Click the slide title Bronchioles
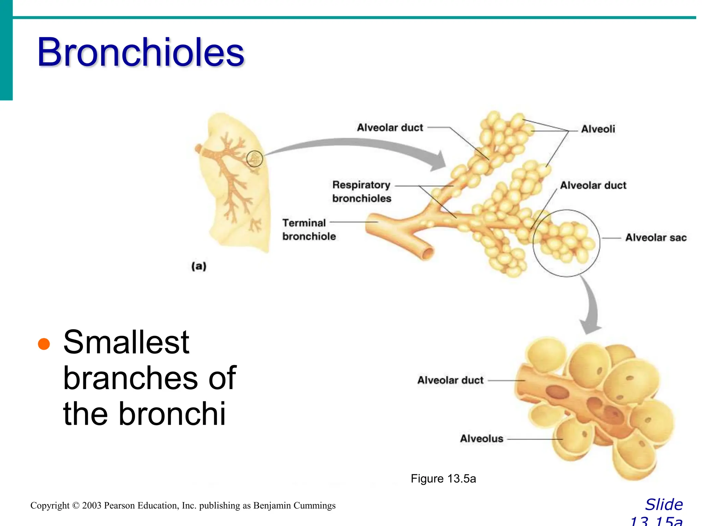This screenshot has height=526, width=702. point(141,52)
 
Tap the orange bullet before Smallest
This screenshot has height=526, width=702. point(44,343)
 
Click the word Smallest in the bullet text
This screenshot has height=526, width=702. point(126,342)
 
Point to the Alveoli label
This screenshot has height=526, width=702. point(598,129)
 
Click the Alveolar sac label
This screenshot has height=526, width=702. point(655,238)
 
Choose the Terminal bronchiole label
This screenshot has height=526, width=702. point(308,229)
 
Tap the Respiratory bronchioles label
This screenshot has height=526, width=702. point(362,191)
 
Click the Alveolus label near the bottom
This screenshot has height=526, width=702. point(481,439)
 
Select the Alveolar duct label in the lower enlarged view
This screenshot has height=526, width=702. point(450,380)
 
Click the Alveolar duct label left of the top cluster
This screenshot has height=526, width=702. point(390,128)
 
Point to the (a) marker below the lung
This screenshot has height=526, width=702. point(199,266)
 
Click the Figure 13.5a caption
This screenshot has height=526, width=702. point(443,478)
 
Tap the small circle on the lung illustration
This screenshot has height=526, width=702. point(255,159)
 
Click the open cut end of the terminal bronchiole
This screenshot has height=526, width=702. point(427,254)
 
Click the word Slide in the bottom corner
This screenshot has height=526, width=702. point(664,505)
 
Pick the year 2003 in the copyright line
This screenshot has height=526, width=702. point(92,506)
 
